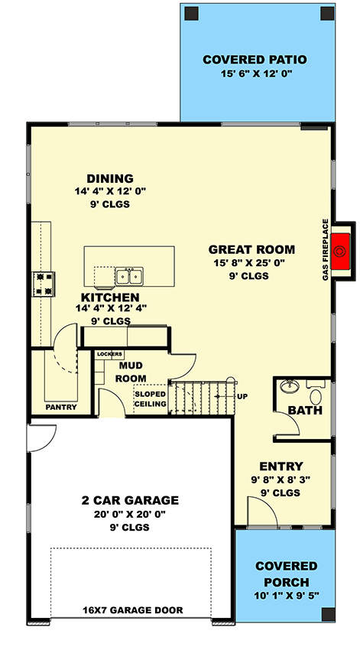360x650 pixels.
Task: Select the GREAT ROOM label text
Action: (x=251, y=249)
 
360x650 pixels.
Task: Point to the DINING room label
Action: (x=110, y=178)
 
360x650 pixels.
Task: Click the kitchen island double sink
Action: (x=128, y=276)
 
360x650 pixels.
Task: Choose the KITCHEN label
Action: (x=111, y=297)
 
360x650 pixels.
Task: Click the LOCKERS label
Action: (x=109, y=355)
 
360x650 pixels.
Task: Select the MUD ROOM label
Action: (x=131, y=372)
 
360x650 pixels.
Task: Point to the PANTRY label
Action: (x=61, y=407)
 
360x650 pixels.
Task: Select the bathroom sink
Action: (x=290, y=386)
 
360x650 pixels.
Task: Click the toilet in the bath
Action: (x=316, y=396)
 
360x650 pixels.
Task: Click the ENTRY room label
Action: (x=281, y=466)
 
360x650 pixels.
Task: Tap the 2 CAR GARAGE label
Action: (x=130, y=500)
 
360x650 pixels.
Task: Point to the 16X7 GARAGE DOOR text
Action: (x=130, y=610)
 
